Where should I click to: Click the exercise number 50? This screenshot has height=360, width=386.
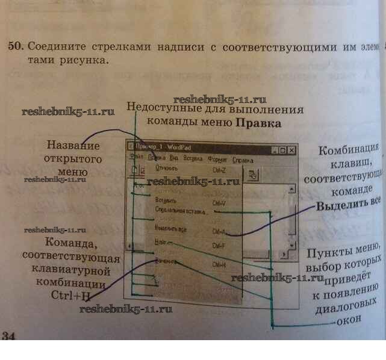[x=14, y=46]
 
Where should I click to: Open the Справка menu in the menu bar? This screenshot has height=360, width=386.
[x=243, y=161]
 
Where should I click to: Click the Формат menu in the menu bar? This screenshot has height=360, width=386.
[x=217, y=161]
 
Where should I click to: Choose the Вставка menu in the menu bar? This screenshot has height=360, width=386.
[x=192, y=161]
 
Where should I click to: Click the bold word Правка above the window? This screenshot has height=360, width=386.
[x=258, y=124]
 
